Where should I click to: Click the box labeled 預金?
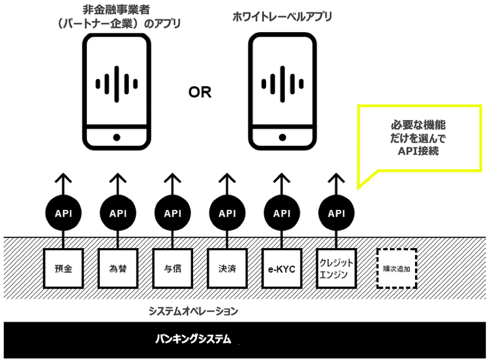point(64,268)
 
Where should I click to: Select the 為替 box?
point(118,268)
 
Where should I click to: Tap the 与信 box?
point(172,268)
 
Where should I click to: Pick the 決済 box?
point(227,268)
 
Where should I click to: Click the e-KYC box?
point(282,268)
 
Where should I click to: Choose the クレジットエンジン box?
point(336,268)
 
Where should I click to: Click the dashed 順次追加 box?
point(397,269)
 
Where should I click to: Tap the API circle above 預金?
point(64,213)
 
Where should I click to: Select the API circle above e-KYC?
point(282,213)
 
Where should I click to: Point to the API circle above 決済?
point(227,213)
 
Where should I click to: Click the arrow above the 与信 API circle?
point(172,184)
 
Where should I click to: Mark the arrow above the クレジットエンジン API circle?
point(336,184)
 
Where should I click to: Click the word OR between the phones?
point(200,92)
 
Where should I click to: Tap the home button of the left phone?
point(117,138)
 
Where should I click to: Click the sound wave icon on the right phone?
point(282,84)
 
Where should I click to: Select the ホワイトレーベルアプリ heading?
point(282,17)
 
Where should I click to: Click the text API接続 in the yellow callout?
point(418,151)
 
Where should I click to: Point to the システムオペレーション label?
point(193,311)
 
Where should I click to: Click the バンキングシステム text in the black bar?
point(193,339)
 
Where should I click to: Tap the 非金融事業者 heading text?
point(116,9)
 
